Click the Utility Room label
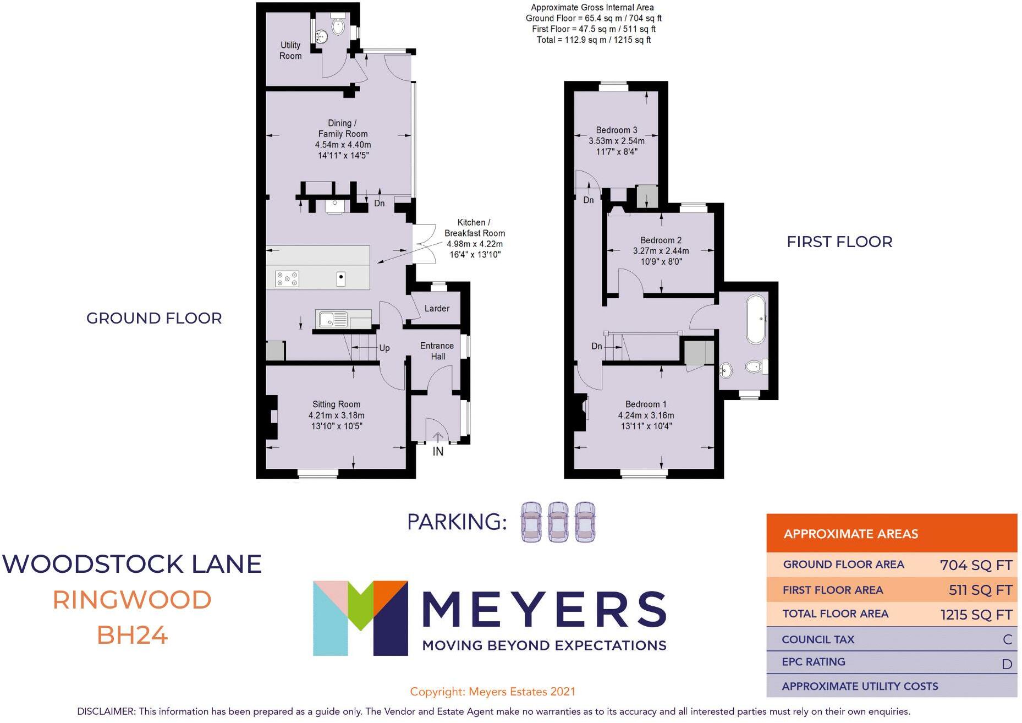click(290, 50)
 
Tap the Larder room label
click(437, 309)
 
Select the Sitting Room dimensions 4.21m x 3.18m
click(336, 415)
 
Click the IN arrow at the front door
click(438, 437)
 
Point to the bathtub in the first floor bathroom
click(756, 320)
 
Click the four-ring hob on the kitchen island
click(287, 279)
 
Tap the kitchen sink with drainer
click(332, 319)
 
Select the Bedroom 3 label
click(617, 130)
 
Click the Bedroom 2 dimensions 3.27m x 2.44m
click(661, 251)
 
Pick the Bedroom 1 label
click(646, 404)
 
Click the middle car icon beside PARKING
click(558, 522)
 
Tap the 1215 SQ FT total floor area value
click(976, 615)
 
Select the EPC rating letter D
click(1007, 664)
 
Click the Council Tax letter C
click(1008, 639)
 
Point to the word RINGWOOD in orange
click(132, 600)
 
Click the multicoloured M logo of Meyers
click(360, 618)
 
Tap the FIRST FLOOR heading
click(839, 242)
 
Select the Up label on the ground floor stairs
click(384, 348)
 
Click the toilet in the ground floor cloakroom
click(338, 26)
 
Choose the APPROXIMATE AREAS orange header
click(892, 533)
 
